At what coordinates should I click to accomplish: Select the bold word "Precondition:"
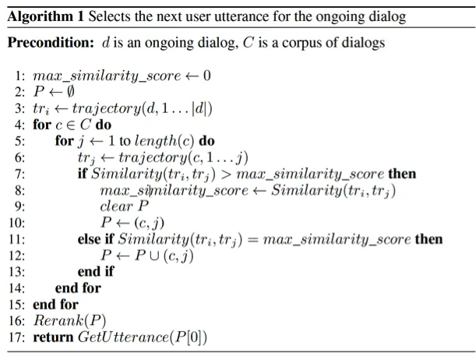51,43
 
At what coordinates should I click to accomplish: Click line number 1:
20,76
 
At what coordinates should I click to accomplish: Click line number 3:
20,108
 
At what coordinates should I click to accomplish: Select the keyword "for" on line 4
41,124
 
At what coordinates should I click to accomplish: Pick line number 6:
20,157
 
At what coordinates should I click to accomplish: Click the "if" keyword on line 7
82,173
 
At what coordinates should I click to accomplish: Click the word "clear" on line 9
115,206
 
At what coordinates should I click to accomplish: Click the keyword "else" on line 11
89,239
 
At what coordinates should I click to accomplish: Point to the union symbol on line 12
143,256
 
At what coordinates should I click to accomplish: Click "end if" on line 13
95,272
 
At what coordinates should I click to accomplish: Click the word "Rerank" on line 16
54,320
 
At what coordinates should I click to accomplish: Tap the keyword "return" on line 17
53,337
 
